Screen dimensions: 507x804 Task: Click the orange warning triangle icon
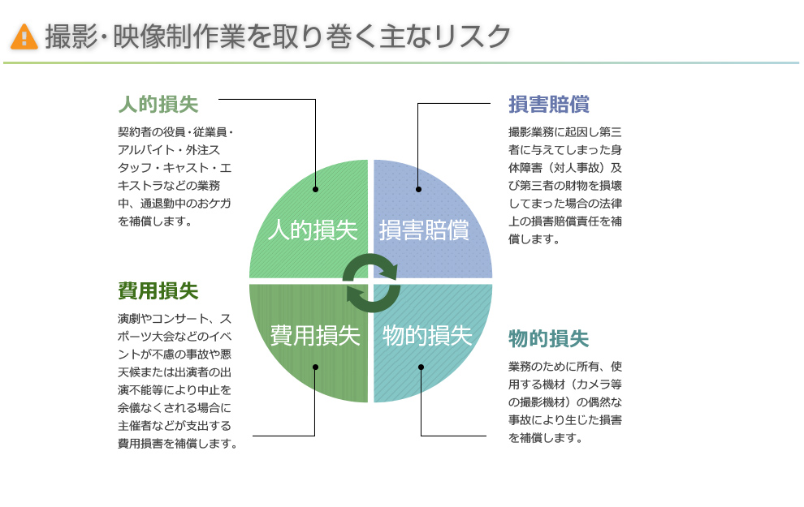24,36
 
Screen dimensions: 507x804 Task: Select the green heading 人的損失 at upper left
158,105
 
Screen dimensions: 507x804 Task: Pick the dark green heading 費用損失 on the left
158,290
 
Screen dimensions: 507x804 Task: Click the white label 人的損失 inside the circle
313,230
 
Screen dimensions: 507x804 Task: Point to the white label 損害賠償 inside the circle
424,230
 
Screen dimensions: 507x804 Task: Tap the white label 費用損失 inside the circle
315,335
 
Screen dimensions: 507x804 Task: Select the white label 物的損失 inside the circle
427,335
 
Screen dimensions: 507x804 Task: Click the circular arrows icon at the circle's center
370,281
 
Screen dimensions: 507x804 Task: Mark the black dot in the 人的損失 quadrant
315,190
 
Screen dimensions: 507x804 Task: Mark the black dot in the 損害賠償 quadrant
418,190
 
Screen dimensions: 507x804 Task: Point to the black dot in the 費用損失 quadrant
315,367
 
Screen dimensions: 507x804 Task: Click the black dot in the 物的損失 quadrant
421,367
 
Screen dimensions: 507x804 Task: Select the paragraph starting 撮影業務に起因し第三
565,185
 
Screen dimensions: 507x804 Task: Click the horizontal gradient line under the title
401,62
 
